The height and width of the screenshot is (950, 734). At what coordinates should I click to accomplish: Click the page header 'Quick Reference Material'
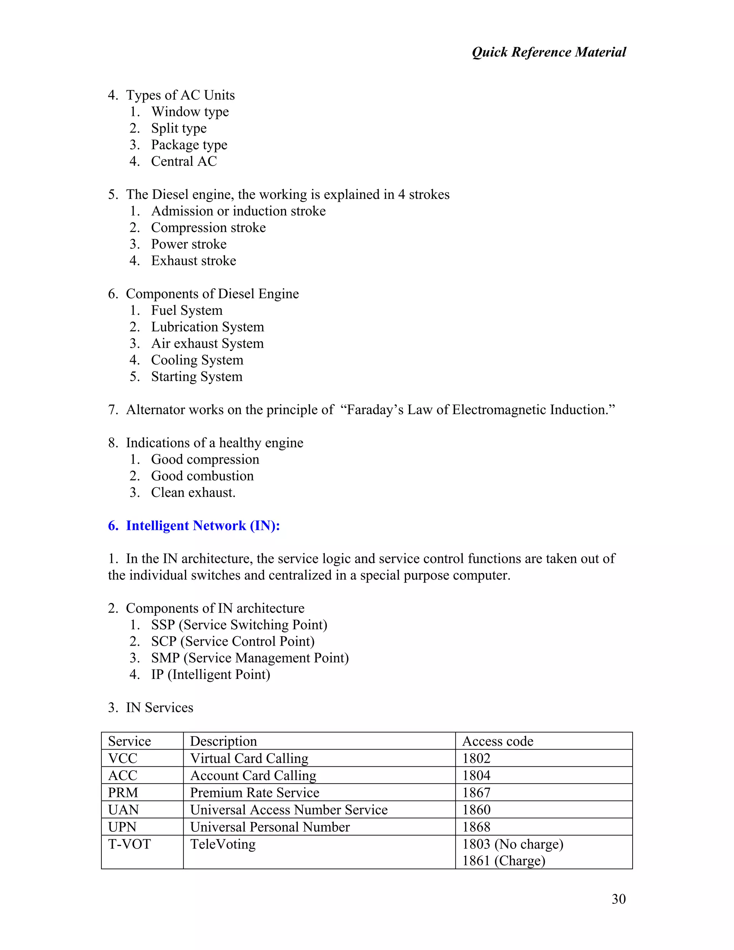click(548, 52)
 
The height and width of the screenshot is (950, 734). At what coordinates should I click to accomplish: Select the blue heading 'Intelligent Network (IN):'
click(202, 526)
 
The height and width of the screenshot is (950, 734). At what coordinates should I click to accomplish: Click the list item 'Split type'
click(179, 128)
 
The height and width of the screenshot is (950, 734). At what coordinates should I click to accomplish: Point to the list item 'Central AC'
click(183, 161)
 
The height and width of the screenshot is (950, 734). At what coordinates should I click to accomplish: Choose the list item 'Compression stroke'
click(208, 228)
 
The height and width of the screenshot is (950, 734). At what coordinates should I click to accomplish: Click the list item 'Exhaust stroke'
click(194, 261)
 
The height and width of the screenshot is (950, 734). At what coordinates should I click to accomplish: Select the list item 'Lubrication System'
click(208, 327)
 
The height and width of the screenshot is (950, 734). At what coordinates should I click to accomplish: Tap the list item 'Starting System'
click(196, 376)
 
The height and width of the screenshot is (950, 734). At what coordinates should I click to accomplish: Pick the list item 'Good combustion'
click(202, 476)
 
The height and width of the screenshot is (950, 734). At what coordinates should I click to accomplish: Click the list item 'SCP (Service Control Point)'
click(233, 641)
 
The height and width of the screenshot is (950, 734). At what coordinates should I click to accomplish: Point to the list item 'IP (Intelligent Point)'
click(210, 674)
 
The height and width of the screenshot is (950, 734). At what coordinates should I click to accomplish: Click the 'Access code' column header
click(497, 741)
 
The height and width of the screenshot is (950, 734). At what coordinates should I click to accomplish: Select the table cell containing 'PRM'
click(123, 793)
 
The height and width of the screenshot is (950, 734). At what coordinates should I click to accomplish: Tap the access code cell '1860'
click(476, 809)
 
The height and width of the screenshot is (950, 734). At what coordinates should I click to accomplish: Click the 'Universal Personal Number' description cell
click(270, 827)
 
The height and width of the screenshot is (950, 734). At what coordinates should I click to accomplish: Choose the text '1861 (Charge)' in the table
click(504, 860)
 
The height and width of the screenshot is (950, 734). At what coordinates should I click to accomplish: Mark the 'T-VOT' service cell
click(129, 844)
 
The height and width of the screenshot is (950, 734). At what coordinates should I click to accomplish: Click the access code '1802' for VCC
click(476, 758)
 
